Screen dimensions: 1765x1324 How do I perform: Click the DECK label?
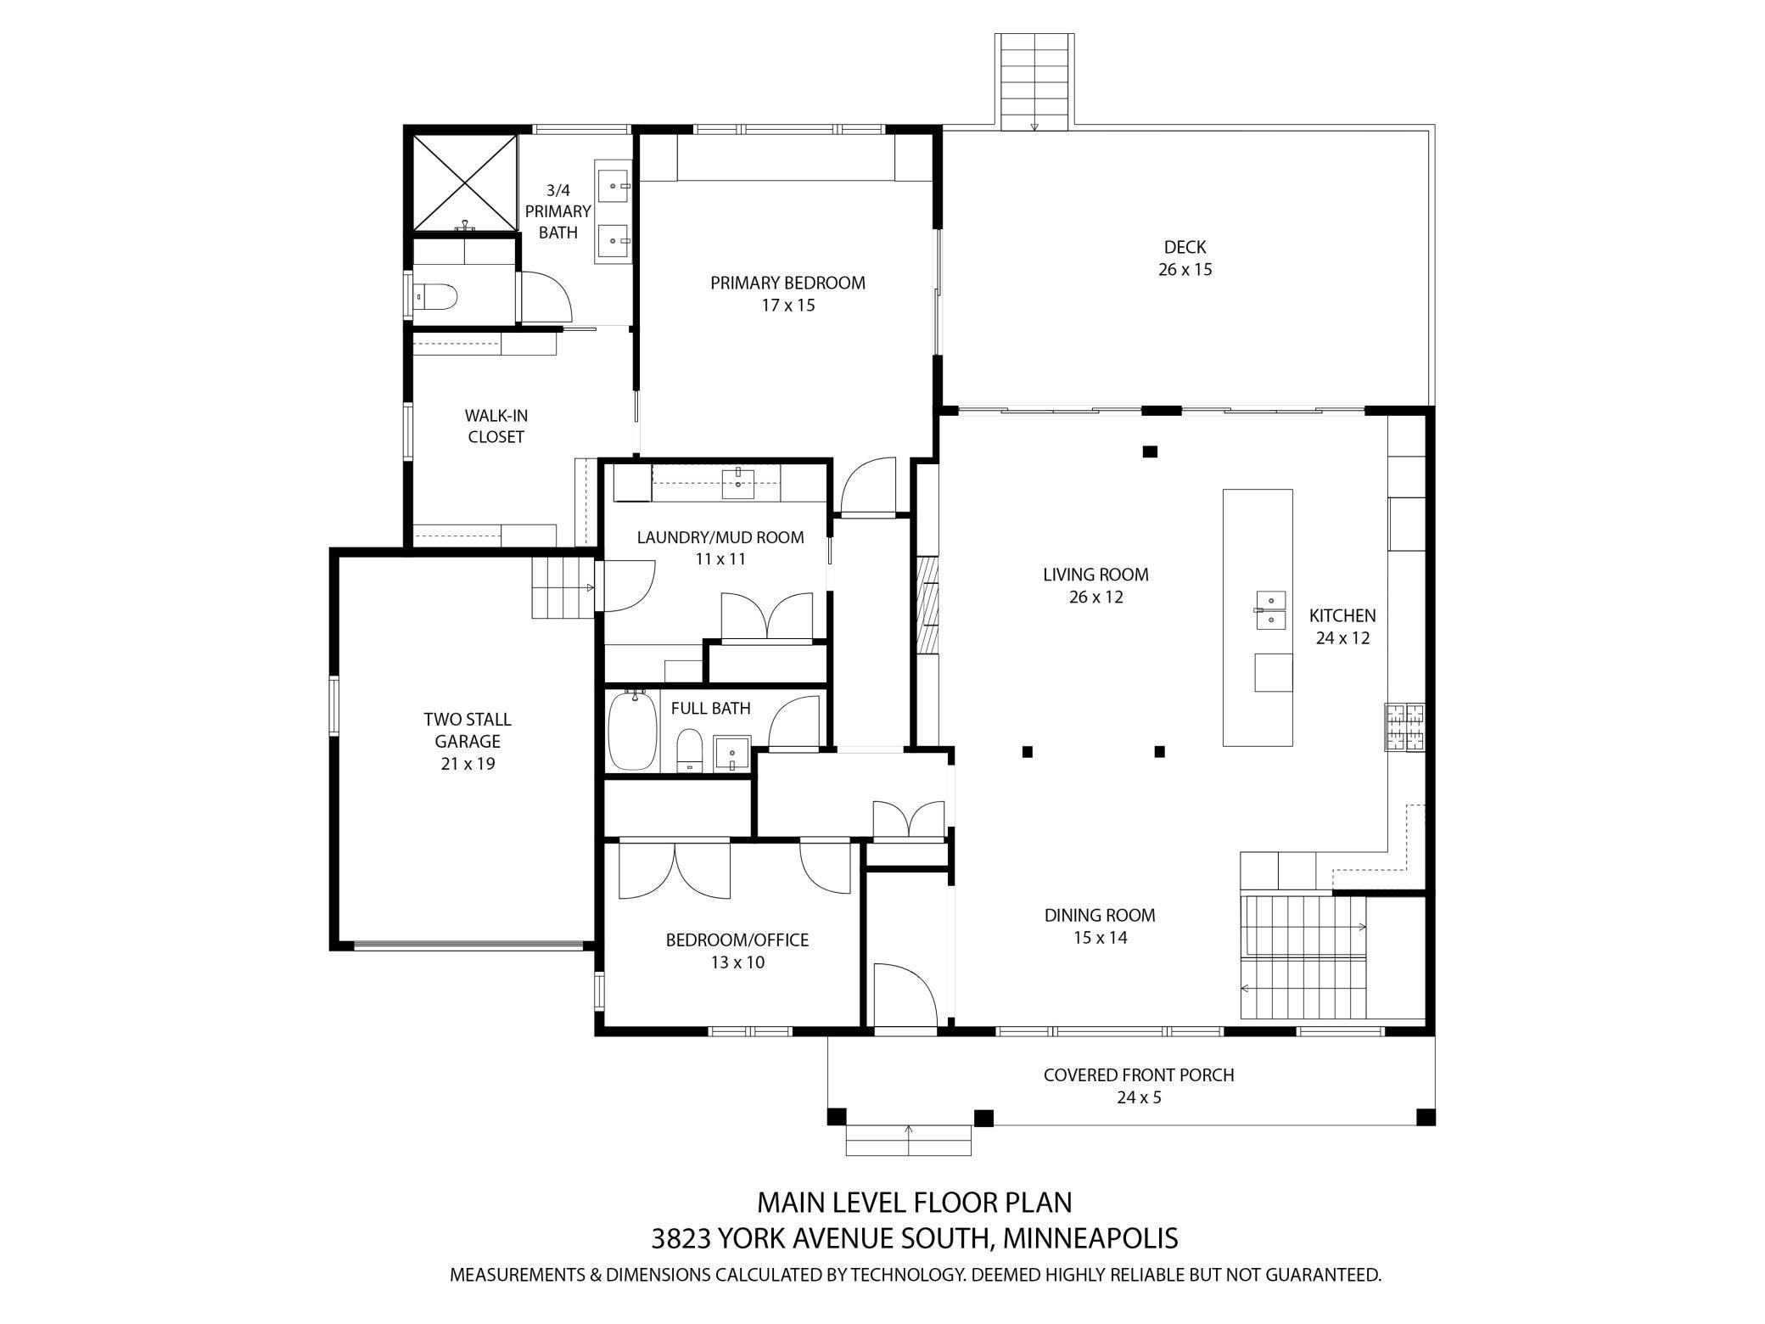[1185, 247]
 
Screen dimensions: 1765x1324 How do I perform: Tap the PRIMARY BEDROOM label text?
[787, 283]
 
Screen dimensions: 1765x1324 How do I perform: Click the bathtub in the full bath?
[633, 731]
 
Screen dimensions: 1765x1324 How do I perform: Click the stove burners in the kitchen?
[1405, 727]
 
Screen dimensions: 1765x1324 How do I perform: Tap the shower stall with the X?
[465, 183]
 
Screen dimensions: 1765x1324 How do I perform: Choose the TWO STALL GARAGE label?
[468, 730]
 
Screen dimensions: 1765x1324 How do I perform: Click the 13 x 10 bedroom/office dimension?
[737, 962]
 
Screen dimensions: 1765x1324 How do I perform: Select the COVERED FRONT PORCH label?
[1139, 1074]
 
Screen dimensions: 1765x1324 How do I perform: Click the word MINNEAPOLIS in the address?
[1090, 1238]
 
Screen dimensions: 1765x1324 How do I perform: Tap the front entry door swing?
[905, 994]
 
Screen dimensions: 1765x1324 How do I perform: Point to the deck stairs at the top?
[1034, 82]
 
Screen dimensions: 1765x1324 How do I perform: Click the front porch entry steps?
[909, 1141]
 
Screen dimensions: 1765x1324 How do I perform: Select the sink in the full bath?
[732, 753]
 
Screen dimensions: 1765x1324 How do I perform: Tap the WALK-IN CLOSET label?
[496, 426]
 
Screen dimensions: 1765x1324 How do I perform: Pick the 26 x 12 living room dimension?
[1095, 597]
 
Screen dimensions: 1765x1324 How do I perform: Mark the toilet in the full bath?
[690, 750]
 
